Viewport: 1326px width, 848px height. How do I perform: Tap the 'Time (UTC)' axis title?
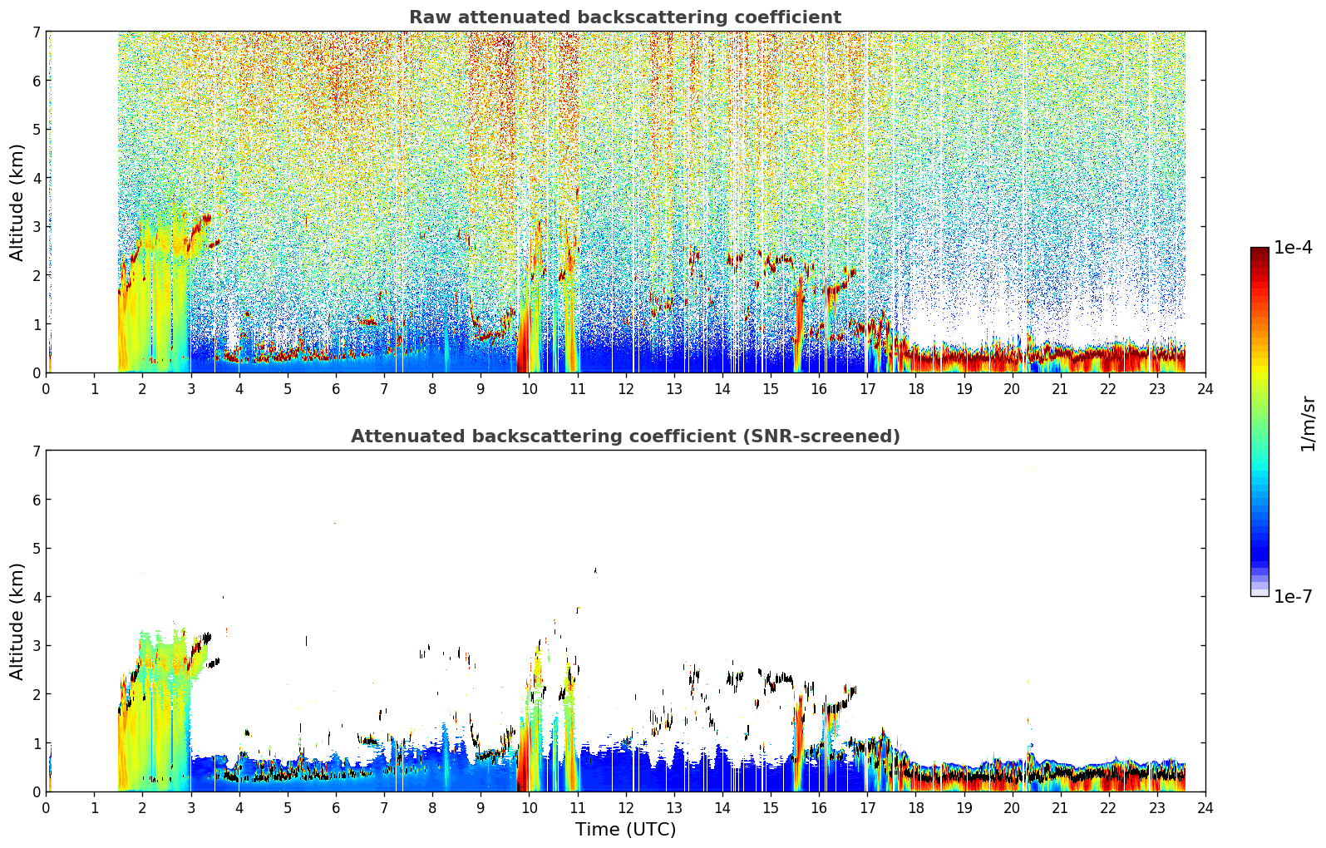625,830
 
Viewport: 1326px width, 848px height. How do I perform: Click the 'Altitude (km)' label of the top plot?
17,203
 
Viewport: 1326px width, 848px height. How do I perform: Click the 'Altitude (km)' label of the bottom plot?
17,622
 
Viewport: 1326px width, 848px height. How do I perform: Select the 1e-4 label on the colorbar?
1293,248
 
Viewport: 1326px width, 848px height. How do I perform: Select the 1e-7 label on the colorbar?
1293,596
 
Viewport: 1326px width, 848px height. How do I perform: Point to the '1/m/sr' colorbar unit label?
1308,425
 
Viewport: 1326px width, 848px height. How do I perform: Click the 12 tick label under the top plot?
626,389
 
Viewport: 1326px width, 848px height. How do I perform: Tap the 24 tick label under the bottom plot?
1205,808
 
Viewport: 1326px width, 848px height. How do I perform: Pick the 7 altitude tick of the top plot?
36,32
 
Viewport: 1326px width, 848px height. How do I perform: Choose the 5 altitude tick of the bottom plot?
36,549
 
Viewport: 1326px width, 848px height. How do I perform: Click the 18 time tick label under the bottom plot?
916,808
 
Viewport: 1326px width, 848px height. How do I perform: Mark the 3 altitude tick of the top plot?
36,227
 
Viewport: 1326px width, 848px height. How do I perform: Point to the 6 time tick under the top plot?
336,389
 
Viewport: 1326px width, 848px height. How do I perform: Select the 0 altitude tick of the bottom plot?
36,791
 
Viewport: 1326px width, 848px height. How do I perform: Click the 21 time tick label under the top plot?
1060,389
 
